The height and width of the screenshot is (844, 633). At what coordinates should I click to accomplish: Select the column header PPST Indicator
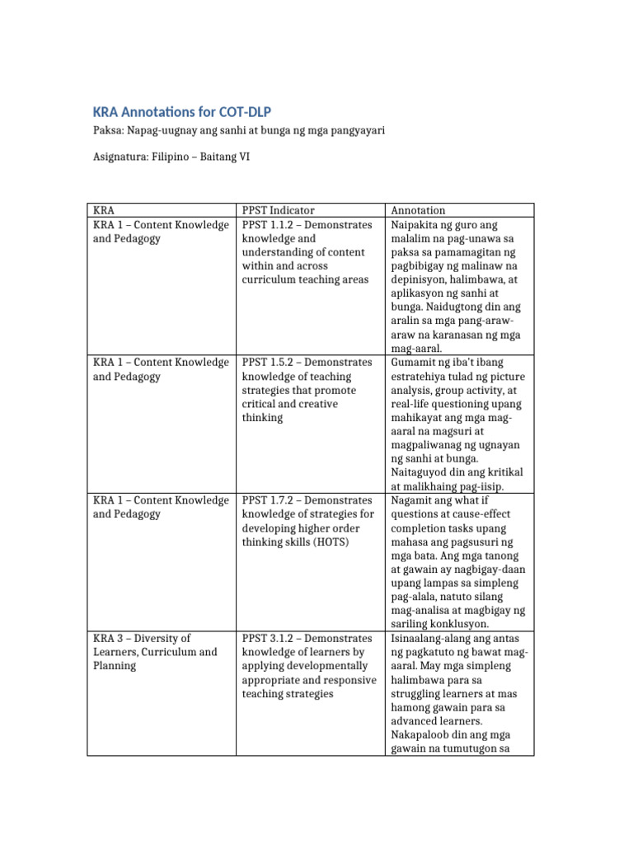pyautogui.click(x=278, y=210)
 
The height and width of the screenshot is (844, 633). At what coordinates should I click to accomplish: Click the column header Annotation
pyautogui.click(x=418, y=210)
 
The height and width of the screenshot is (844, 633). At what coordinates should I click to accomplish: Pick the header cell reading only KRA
pyautogui.click(x=104, y=210)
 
